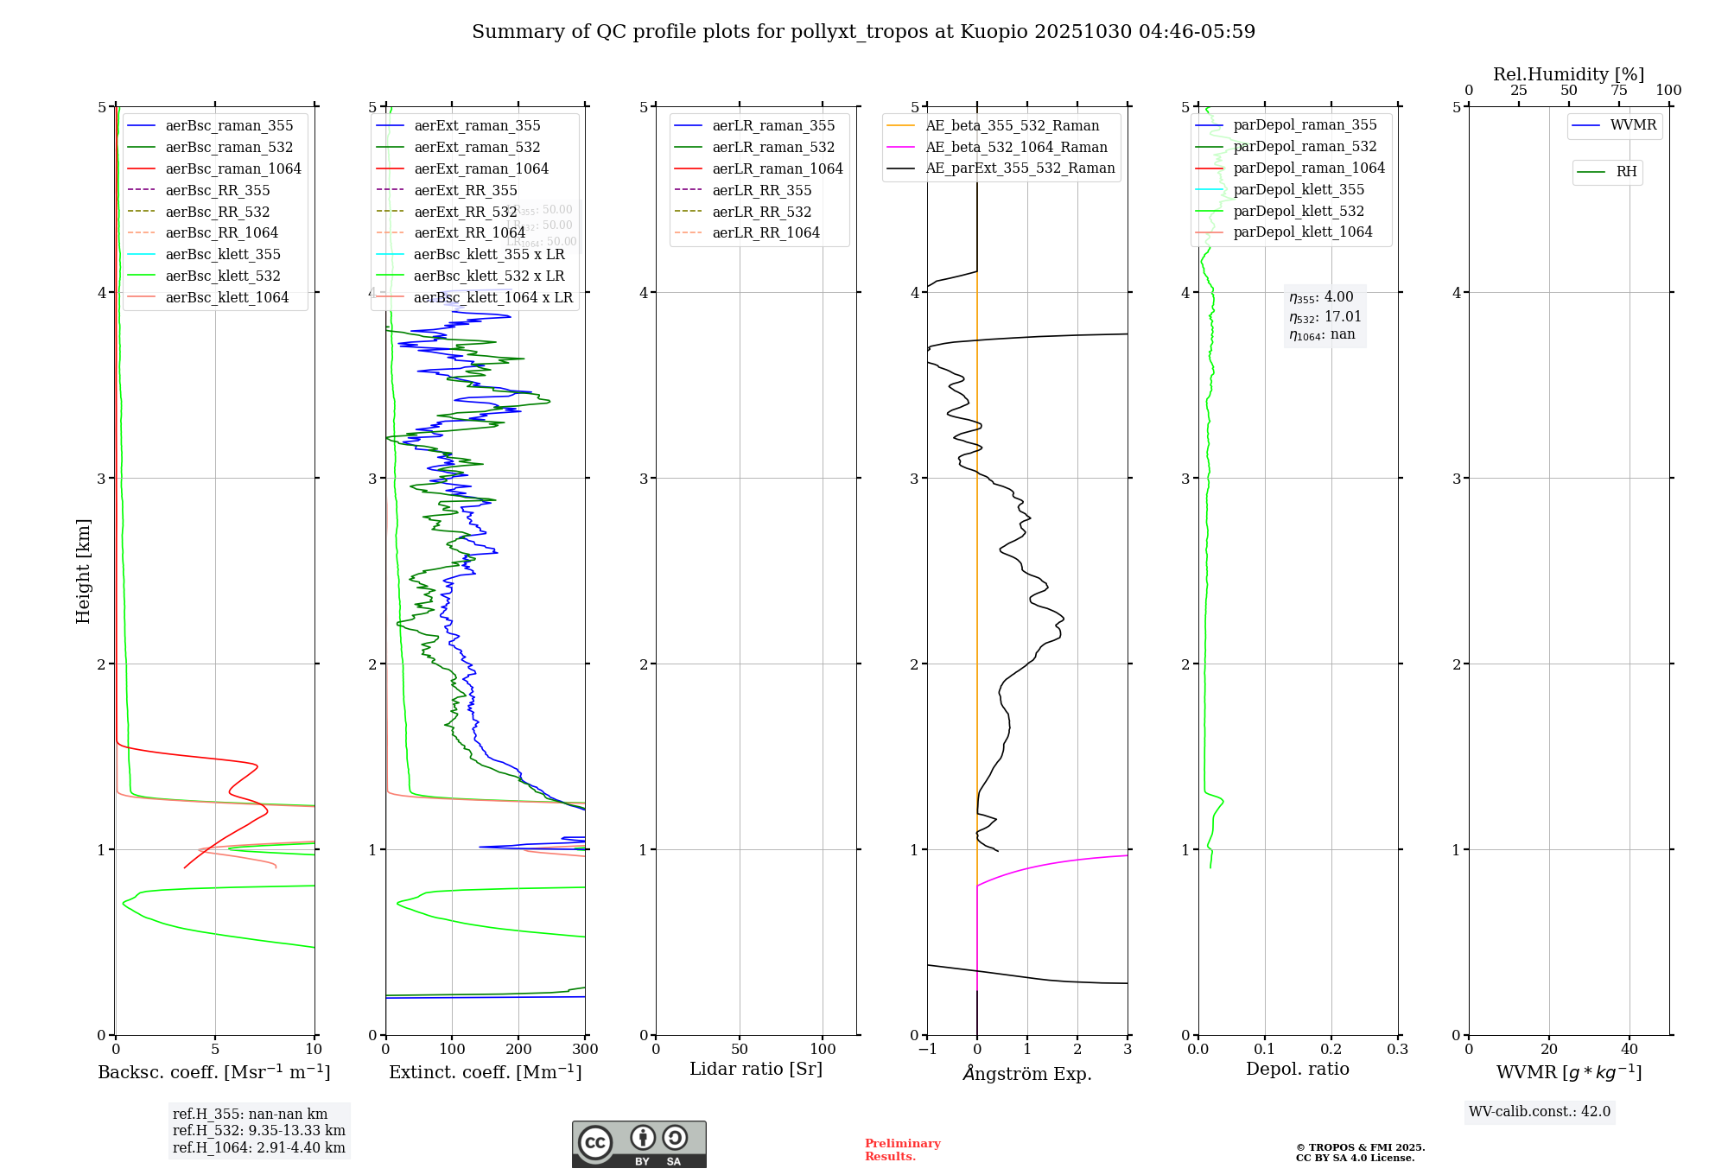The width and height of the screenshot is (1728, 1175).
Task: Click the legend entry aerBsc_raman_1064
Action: click(x=233, y=168)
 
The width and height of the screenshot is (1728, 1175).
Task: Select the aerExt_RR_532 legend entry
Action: click(x=465, y=212)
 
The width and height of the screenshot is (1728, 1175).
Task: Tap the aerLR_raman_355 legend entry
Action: click(x=773, y=125)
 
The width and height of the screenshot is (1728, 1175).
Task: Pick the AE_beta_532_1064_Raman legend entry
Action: click(x=1016, y=147)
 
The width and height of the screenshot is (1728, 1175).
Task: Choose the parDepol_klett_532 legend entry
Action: click(x=1299, y=211)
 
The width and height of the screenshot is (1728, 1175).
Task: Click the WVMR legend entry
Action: click(x=1633, y=125)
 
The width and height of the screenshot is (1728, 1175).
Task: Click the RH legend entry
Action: click(x=1626, y=172)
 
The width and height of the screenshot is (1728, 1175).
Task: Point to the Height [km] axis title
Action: click(x=83, y=571)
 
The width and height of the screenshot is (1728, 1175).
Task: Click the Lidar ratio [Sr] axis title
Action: click(x=756, y=1069)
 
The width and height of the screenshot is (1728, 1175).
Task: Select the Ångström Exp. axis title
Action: click(x=1027, y=1073)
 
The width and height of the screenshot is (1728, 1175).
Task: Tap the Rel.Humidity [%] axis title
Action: click(x=1568, y=74)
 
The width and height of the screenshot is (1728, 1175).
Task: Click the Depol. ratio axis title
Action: click(x=1297, y=1069)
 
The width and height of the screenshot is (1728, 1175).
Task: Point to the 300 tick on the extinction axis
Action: click(x=585, y=1050)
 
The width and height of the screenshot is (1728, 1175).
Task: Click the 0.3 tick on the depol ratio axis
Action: click(x=1397, y=1050)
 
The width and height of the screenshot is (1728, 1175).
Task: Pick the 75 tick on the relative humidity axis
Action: click(x=1619, y=91)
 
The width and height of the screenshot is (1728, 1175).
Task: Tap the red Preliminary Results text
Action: click(x=902, y=1150)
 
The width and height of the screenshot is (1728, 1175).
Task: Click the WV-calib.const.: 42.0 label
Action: click(x=1539, y=1112)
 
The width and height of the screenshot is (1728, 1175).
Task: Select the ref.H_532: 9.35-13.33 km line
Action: click(x=258, y=1131)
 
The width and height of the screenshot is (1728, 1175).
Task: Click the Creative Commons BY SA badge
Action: click(x=638, y=1145)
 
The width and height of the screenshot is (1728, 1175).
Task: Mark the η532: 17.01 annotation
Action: click(x=1325, y=317)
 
